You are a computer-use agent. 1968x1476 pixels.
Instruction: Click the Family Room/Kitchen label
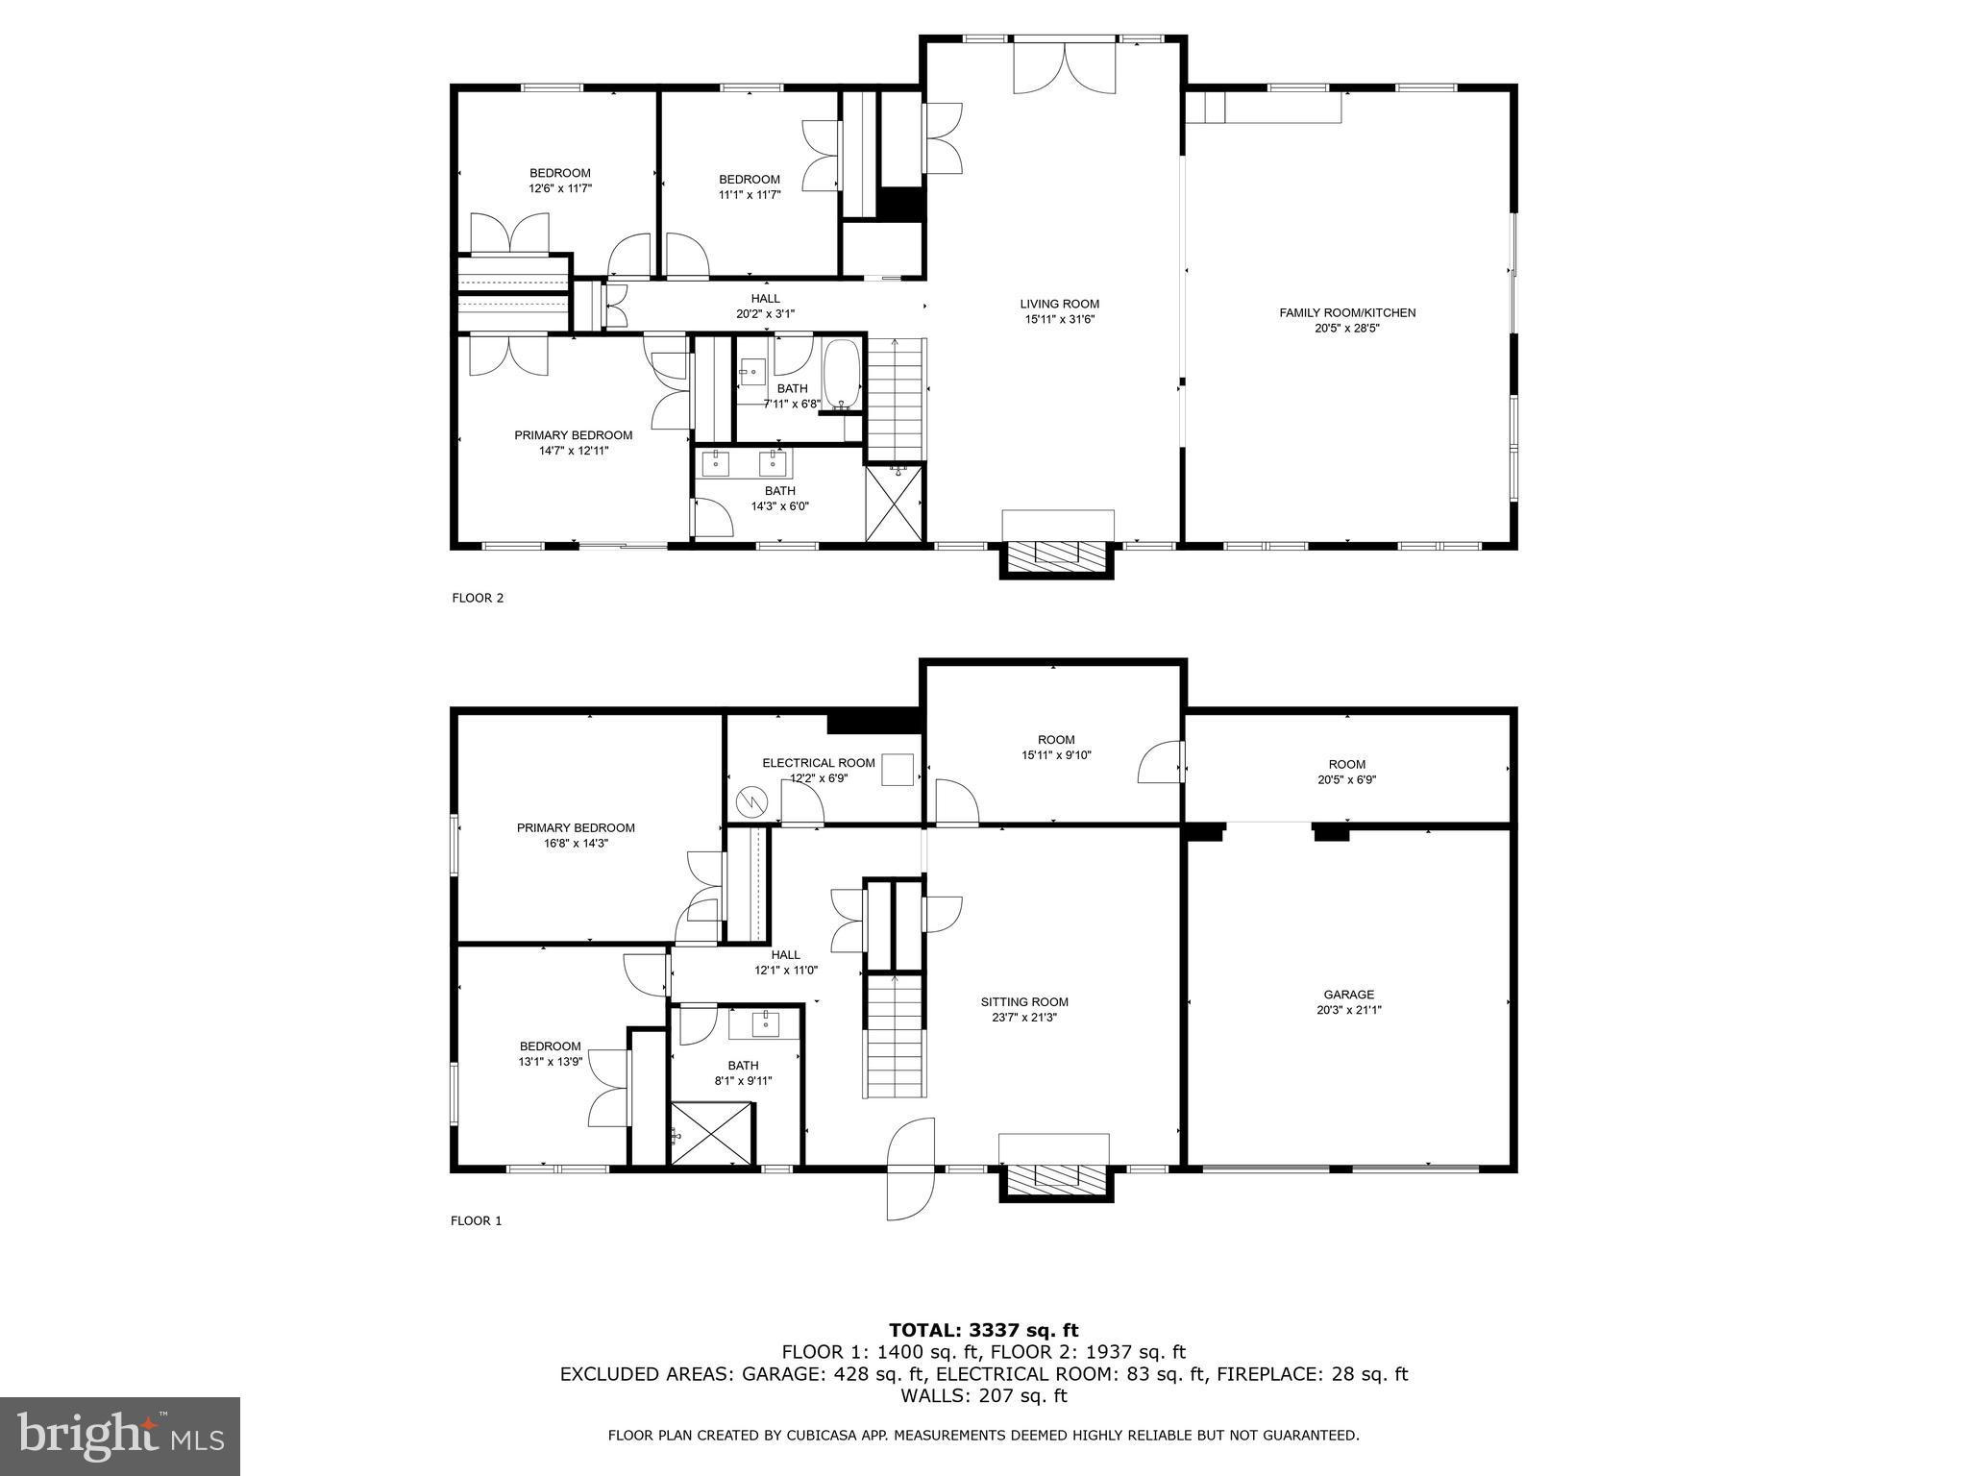tap(1347, 312)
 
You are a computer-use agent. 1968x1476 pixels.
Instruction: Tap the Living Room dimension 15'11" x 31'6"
tap(1060, 319)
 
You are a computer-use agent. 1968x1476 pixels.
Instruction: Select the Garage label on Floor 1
tap(1348, 995)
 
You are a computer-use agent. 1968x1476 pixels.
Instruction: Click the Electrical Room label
tap(819, 763)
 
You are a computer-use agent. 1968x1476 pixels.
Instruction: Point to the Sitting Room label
tap(1024, 1001)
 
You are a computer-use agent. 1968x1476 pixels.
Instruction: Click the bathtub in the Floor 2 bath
tap(843, 376)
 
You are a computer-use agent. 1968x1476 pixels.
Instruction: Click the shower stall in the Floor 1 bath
tap(712, 1134)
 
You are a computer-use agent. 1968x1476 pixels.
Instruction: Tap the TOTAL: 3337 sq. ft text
tap(983, 1331)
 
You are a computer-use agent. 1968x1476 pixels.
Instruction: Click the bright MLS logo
tap(120, 1437)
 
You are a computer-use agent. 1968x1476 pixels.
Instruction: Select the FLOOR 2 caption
tap(478, 598)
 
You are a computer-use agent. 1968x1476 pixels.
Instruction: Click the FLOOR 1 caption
tap(477, 1221)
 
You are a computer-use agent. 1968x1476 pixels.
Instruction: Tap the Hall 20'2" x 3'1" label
tap(765, 306)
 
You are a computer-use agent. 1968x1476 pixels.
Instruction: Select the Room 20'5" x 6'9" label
tap(1346, 773)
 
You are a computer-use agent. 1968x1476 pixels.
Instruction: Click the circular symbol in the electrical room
tap(750, 800)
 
